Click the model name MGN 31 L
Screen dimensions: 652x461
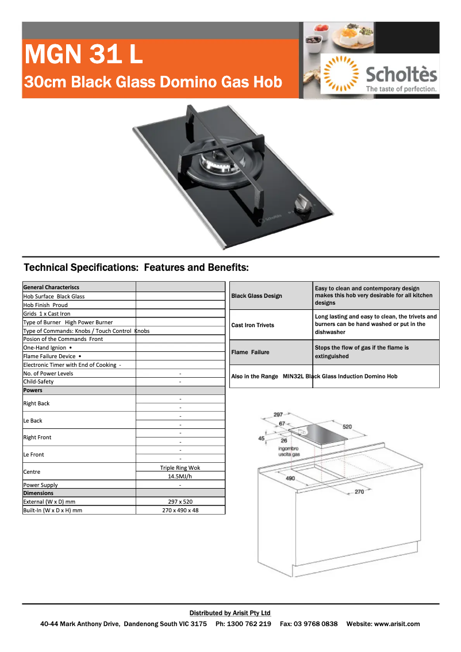(84, 55)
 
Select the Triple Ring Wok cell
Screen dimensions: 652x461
(180, 467)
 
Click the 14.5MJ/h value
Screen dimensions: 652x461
(180, 476)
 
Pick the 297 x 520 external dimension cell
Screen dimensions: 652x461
(180, 501)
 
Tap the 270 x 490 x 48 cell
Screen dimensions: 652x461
(180, 510)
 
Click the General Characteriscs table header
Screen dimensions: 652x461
(51, 287)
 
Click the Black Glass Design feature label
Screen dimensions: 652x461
(256, 296)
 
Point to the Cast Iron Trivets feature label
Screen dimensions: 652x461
(252, 325)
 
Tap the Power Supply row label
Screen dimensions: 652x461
(40, 485)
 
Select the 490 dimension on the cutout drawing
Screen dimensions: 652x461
(290, 478)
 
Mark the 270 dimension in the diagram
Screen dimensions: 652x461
(359, 492)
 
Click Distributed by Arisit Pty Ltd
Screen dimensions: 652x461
(230, 613)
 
